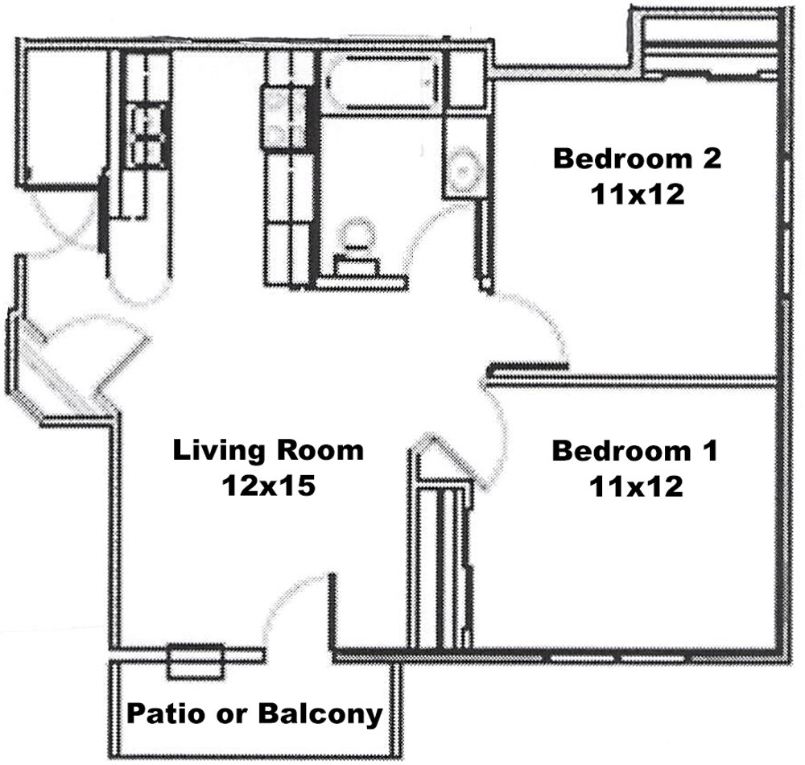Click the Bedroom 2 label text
coord(636,158)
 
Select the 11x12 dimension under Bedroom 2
coord(636,194)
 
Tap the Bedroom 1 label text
coord(634,450)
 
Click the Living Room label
coord(268,449)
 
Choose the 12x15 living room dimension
coord(268,486)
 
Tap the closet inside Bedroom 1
coord(443,564)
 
